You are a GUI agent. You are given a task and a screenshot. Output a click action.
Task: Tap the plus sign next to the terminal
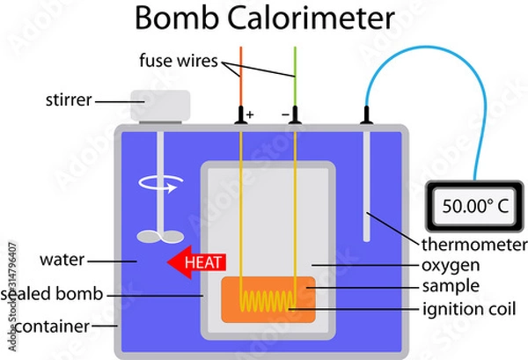pyautogui.click(x=251, y=115)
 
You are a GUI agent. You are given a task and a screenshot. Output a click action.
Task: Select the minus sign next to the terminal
pyautogui.click(x=285, y=115)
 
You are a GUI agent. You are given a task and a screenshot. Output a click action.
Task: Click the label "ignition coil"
pyautogui.click(x=466, y=308)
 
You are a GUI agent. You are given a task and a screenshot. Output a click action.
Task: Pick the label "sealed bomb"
pyautogui.click(x=52, y=295)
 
